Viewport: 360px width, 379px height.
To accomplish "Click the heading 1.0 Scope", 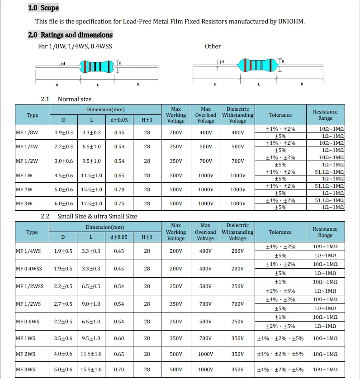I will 43,8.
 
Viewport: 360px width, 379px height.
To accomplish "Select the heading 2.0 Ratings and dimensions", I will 70,35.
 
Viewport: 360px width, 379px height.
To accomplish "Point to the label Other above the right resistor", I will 213,46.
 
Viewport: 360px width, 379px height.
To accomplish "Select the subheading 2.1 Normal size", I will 66,99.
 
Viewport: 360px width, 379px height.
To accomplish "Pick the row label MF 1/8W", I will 28,133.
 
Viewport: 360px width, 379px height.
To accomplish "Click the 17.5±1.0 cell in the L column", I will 91,204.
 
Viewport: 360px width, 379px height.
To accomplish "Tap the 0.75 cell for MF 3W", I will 119,204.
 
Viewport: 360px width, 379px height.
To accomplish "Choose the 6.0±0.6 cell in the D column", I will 64,204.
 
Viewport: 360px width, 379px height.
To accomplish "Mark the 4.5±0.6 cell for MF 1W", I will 64,175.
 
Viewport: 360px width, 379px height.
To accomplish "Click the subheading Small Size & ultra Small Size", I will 97,216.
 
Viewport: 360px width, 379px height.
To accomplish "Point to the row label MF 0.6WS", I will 28,322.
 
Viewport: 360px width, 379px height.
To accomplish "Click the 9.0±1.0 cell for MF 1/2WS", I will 91,304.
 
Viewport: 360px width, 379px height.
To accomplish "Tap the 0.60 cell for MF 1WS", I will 119,338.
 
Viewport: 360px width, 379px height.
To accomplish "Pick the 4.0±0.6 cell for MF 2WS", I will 63,354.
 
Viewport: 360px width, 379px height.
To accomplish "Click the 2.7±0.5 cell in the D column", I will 63,304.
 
